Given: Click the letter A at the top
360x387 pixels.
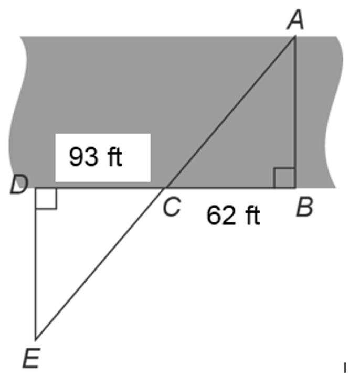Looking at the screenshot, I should click(x=296, y=20).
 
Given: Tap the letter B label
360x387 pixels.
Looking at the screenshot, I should click(x=305, y=208).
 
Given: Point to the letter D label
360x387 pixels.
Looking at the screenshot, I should click(x=19, y=186).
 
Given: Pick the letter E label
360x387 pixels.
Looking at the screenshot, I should click(x=31, y=359).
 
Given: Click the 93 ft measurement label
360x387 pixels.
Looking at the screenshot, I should click(x=96, y=157).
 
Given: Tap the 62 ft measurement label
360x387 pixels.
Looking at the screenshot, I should click(x=233, y=216).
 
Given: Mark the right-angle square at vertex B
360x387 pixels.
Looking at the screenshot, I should click(x=284, y=177).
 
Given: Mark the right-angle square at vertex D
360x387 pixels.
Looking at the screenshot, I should click(x=46, y=198).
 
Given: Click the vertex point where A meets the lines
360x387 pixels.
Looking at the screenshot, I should click(x=295, y=37).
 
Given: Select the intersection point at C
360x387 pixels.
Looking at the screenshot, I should click(x=166, y=187).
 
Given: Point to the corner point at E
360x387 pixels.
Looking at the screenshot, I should click(x=36, y=339).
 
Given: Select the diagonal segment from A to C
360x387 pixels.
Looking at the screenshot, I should click(x=231, y=112).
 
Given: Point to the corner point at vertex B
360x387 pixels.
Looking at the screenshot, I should click(x=295, y=187).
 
